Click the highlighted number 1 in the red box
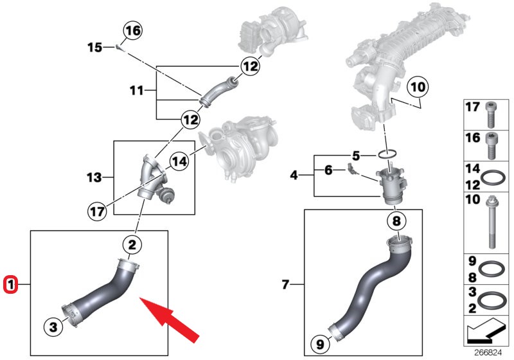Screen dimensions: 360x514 pyautogui.click(x=10, y=283)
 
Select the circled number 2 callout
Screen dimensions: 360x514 pyautogui.click(x=132, y=244)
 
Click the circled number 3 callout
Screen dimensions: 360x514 pyautogui.click(x=53, y=327)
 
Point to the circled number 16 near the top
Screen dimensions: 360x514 pyautogui.click(x=133, y=30)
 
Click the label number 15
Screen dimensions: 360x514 pyautogui.click(x=95, y=47)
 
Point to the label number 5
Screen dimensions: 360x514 pyautogui.click(x=357, y=155)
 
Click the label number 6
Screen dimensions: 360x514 pyautogui.click(x=328, y=170)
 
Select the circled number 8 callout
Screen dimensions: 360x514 pyautogui.click(x=396, y=222)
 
